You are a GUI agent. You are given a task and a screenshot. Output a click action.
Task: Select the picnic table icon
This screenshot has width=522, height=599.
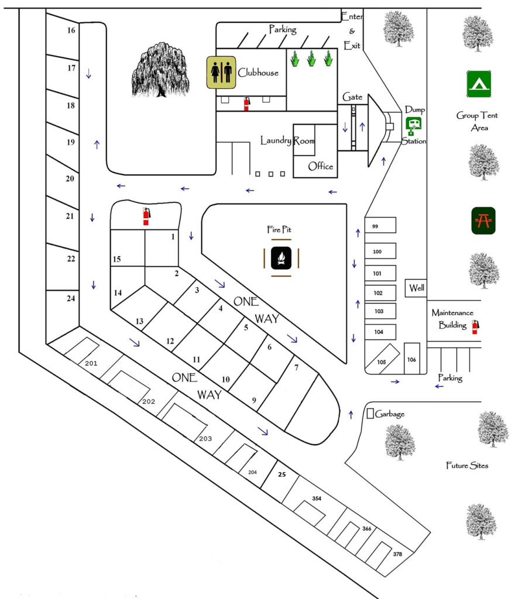483,221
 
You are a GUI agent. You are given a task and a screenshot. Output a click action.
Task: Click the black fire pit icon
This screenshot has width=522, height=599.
281,258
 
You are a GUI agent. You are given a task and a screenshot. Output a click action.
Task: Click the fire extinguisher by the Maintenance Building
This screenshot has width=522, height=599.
475,326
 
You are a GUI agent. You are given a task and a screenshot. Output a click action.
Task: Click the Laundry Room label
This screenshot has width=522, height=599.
287,141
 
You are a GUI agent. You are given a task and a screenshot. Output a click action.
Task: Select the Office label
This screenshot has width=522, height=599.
321,166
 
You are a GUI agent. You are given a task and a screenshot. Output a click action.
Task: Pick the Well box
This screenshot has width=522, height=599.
416,288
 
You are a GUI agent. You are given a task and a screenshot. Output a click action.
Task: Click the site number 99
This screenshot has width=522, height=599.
375,226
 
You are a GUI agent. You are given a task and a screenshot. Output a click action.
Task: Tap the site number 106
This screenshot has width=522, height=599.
411,359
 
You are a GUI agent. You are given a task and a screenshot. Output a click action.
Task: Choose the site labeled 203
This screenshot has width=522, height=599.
205,439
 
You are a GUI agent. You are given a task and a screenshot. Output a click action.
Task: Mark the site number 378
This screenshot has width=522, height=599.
397,554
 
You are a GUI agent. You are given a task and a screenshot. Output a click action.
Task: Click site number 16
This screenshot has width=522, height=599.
71,30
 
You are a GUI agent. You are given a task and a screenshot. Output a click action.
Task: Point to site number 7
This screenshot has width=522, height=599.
297,367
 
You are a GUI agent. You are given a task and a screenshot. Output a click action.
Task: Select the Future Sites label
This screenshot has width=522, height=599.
467,466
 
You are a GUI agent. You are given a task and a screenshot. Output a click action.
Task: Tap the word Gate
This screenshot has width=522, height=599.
353,97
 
